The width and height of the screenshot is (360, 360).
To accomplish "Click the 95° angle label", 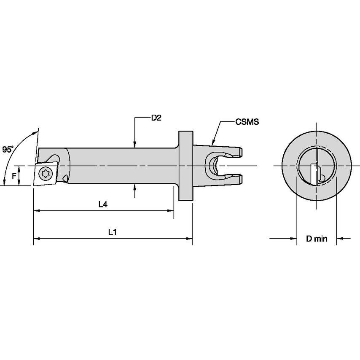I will tap(8, 149).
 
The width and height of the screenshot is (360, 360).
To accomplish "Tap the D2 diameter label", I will tap(156, 118).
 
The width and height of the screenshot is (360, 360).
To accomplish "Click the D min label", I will tap(317, 239).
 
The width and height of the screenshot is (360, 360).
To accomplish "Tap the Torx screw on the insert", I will tap(45, 172).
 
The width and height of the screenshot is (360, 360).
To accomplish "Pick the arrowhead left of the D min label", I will tap(294, 239).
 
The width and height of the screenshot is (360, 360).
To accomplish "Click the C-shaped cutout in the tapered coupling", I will tap(212, 165).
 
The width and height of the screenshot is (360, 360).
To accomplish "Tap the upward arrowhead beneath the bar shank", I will tap(134, 187).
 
